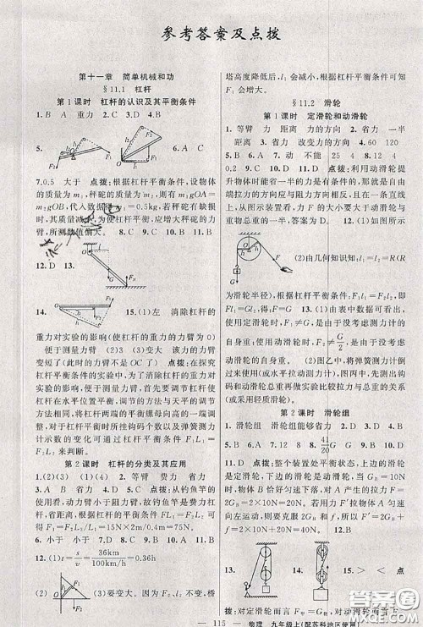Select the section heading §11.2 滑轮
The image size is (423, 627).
coord(317,100)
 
